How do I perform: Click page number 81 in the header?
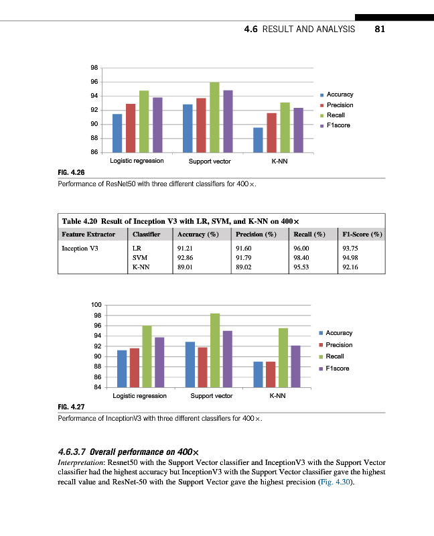click(x=380, y=29)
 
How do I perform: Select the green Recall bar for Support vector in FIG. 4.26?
click(x=214, y=118)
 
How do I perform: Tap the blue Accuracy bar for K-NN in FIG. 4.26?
click(x=258, y=140)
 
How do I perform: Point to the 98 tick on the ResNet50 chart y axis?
click(x=94, y=68)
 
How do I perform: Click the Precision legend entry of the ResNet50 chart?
click(x=340, y=105)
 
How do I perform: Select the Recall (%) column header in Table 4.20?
click(x=309, y=234)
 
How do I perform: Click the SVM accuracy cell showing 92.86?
click(x=186, y=257)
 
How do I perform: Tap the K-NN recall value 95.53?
click(x=303, y=267)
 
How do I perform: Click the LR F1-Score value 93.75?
click(x=351, y=247)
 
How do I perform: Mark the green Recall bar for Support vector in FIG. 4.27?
click(x=214, y=350)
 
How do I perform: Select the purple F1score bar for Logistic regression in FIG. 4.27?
click(x=159, y=362)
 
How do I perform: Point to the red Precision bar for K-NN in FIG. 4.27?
click(x=271, y=375)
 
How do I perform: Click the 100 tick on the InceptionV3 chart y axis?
click(x=96, y=306)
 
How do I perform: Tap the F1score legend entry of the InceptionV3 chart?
click(x=339, y=369)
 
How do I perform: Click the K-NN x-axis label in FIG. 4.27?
click(x=277, y=396)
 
